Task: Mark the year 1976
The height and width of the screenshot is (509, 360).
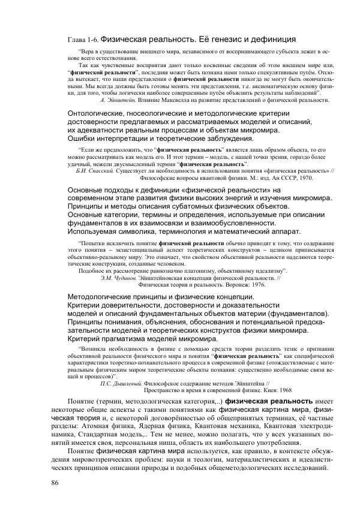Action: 239,285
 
